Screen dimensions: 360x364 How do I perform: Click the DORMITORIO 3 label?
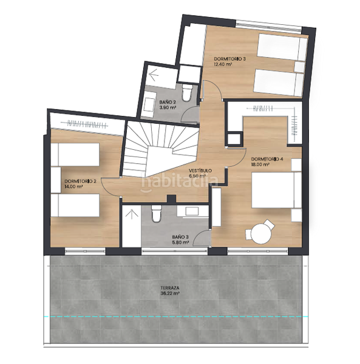(x=229, y=59)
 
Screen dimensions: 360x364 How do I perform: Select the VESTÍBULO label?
(x=200, y=170)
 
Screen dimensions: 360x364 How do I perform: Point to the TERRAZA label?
(x=170, y=288)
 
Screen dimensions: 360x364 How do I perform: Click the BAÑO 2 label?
(x=168, y=102)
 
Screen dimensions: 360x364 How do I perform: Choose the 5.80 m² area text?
(x=180, y=243)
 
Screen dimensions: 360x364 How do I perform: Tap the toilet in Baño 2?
(x=186, y=92)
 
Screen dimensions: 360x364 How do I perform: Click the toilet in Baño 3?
(x=157, y=213)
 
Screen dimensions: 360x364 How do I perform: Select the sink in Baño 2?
(x=149, y=104)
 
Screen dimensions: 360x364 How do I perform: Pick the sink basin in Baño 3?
(x=192, y=211)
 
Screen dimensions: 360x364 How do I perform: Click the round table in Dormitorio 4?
(x=261, y=234)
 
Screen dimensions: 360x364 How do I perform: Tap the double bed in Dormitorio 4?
(x=276, y=190)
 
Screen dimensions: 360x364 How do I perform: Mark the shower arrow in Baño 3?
(x=132, y=214)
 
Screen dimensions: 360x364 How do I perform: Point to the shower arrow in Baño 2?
(x=154, y=75)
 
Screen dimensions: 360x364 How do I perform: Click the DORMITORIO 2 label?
(x=80, y=181)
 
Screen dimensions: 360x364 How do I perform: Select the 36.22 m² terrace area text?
(x=170, y=294)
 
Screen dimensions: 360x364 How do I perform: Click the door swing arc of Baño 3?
(x=199, y=234)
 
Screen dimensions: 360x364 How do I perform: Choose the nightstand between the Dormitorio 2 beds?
(x=56, y=180)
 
